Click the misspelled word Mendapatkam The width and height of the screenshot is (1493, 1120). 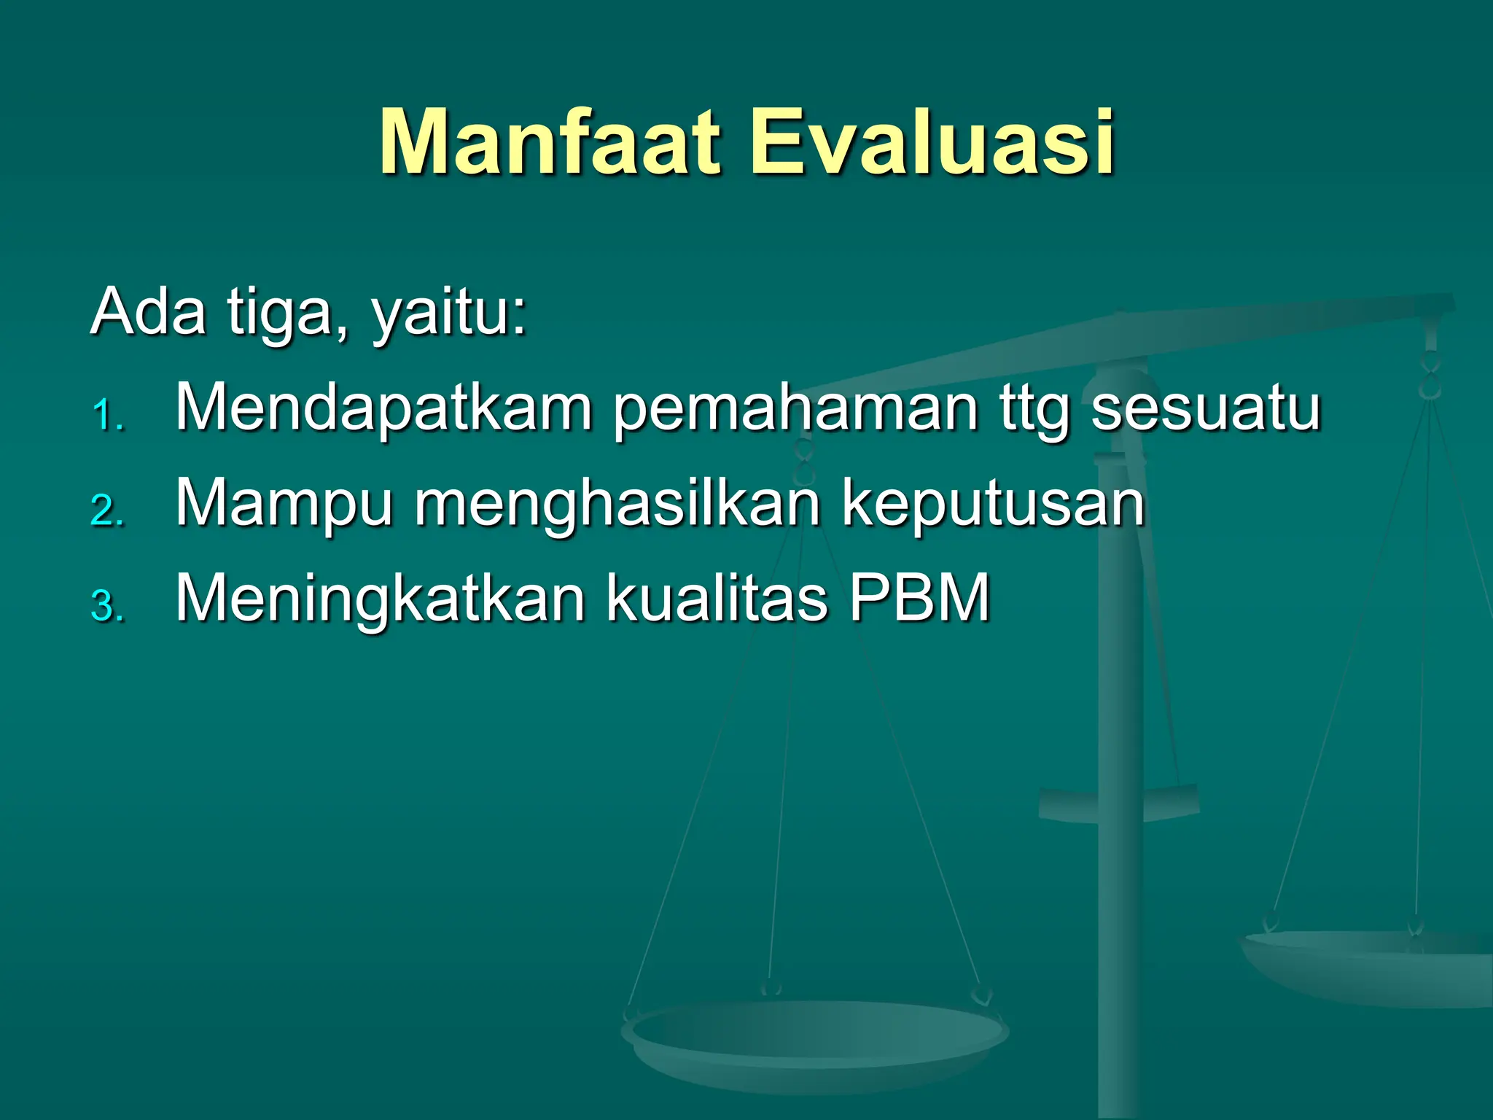383,408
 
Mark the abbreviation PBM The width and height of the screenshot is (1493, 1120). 919,598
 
